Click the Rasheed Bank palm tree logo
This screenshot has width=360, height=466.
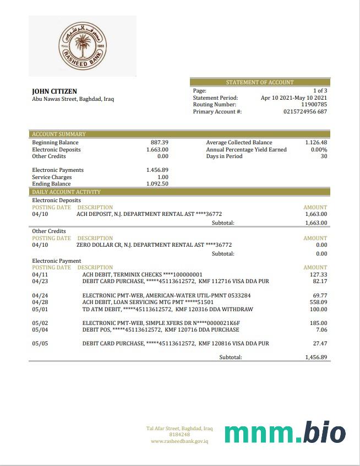pos(83,46)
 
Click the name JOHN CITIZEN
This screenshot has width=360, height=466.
pos(54,91)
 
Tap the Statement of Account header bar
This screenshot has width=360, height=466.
pos(260,82)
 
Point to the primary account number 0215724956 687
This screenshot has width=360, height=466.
pos(305,111)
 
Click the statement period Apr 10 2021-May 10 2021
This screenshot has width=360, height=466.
pos(294,97)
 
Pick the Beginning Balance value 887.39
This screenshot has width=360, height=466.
pos(160,142)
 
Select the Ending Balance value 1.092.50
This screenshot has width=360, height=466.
pos(157,184)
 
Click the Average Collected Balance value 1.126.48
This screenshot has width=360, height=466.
pos(316,142)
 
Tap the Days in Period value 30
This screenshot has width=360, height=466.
pos(324,156)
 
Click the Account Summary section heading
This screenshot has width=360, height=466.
pos(59,134)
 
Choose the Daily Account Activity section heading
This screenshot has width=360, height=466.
pos(66,192)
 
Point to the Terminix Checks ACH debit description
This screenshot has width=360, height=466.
pos(142,274)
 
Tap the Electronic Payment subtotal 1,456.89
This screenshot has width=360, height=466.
pos(316,357)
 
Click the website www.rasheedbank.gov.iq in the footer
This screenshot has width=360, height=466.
pos(179,441)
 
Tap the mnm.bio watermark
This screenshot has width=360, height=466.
pos(285,434)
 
